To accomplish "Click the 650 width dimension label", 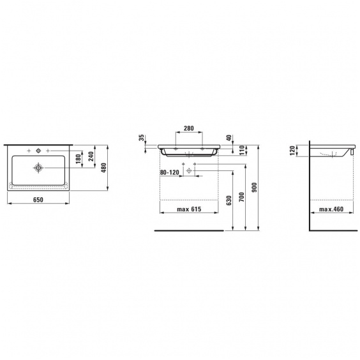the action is pyautogui.click(x=38, y=200).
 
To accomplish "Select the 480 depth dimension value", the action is pyautogui.click(x=104, y=168).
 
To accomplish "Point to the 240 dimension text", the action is pyautogui.click(x=91, y=156).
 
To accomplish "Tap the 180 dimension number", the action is pyautogui.click(x=79, y=159).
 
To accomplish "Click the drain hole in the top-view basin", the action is pyautogui.click(x=38, y=168).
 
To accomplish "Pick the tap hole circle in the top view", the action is pyautogui.click(x=38, y=151).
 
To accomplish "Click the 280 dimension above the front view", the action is pyautogui.click(x=189, y=128).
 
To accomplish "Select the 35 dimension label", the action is pyautogui.click(x=142, y=137).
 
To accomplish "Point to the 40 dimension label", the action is pyautogui.click(x=229, y=137).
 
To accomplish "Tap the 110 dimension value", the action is pyautogui.click(x=241, y=150).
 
